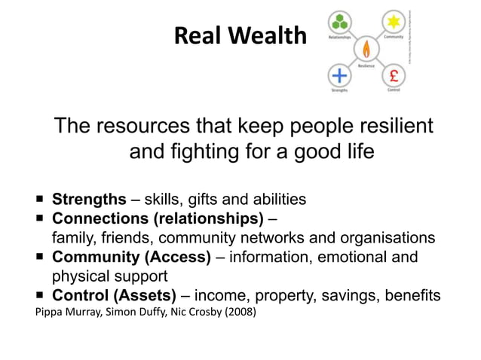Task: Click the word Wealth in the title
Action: (x=270, y=36)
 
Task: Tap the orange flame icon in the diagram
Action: (x=367, y=49)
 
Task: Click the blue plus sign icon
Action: (x=340, y=75)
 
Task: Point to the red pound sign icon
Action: (x=394, y=75)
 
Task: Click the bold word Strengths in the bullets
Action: (x=89, y=200)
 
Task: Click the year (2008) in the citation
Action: (x=238, y=311)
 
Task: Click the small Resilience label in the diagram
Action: (x=367, y=66)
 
